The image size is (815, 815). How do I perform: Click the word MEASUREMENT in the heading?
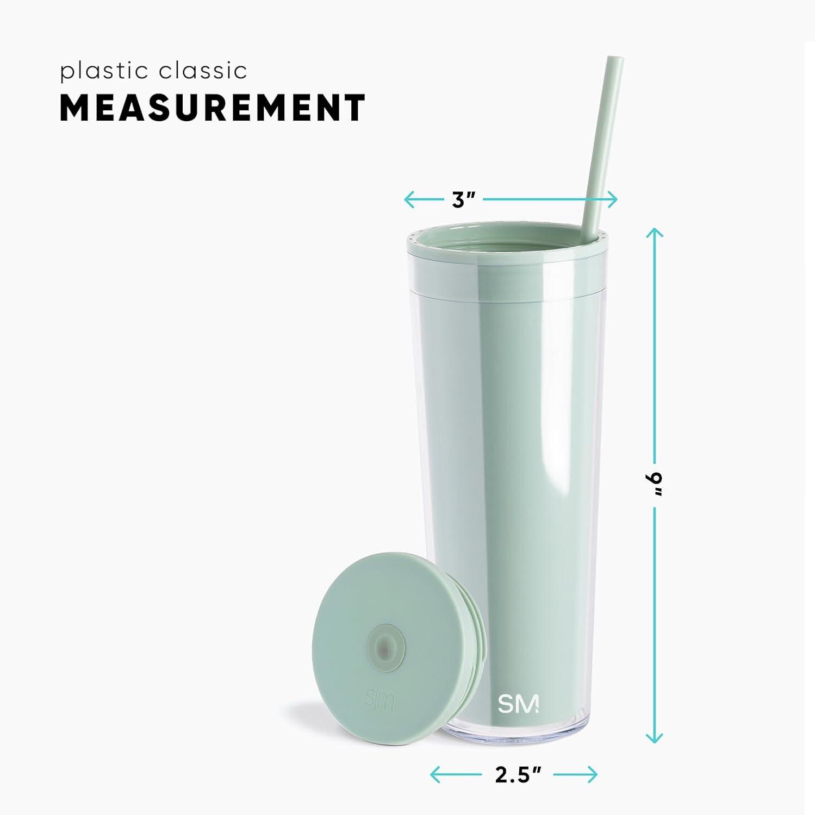click(213, 108)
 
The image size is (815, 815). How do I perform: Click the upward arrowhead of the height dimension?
click(654, 232)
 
